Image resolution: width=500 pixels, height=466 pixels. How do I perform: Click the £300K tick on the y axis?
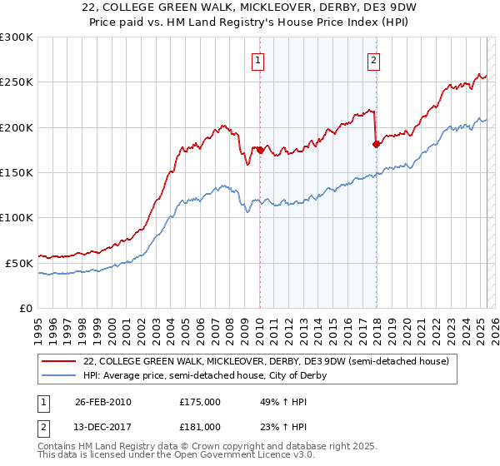click(x=17, y=37)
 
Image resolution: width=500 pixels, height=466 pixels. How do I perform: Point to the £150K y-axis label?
click(x=17, y=172)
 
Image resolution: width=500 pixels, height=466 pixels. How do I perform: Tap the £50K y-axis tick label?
click(x=20, y=262)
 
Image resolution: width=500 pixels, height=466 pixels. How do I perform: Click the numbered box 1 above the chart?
click(x=258, y=60)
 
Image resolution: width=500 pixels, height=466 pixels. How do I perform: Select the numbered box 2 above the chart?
click(x=374, y=60)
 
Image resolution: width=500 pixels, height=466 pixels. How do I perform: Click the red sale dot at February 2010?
click(x=260, y=150)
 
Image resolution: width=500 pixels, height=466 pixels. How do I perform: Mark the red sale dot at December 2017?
click(x=376, y=145)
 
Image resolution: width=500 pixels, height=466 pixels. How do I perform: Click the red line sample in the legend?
click(x=59, y=361)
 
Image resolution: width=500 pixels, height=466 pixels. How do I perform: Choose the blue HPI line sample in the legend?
click(x=59, y=375)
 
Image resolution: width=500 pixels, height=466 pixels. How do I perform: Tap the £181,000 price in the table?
click(x=200, y=427)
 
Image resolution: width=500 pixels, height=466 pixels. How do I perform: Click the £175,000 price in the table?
click(x=200, y=402)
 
